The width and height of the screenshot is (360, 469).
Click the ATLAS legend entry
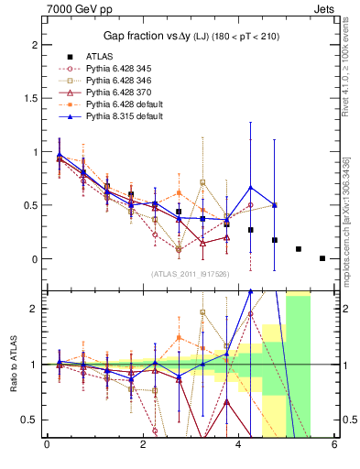coord(100,56)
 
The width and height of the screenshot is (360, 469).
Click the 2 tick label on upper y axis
coord(33,45)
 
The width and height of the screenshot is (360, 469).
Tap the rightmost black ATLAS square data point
coord(322,258)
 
